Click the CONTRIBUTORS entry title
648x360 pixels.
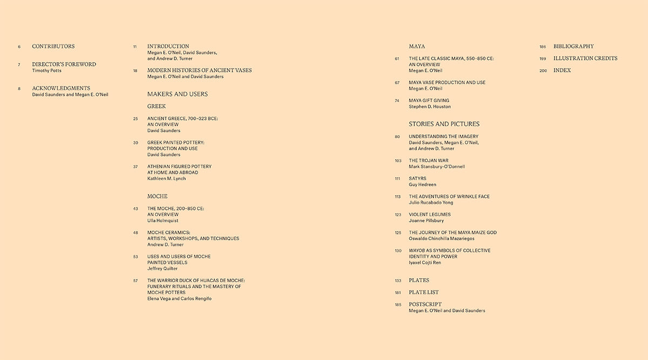tap(53, 46)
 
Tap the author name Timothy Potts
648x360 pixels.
tap(48, 71)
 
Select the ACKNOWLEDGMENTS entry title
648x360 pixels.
tap(61, 88)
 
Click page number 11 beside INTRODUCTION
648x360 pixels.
tap(135, 47)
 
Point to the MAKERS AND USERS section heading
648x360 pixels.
tap(177, 94)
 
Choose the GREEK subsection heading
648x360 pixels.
tap(157, 106)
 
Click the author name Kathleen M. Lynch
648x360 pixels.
tap(166, 179)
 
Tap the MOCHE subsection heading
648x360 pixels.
tap(157, 196)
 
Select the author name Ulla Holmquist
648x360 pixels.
tap(163, 221)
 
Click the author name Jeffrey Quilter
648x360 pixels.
tap(163, 269)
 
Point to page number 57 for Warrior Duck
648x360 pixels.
tap(136, 281)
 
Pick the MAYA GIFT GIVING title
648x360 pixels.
tap(429, 100)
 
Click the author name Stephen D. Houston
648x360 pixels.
tap(430, 107)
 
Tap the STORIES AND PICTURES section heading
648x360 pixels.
tap(444, 124)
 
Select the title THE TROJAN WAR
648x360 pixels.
tap(429, 160)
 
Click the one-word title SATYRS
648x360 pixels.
tap(417, 179)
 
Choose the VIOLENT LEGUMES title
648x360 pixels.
tap(430, 214)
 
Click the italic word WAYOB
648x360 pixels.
tap(416, 250)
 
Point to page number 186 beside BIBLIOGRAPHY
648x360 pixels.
tap(543, 47)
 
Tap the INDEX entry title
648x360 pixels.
tap(562, 71)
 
